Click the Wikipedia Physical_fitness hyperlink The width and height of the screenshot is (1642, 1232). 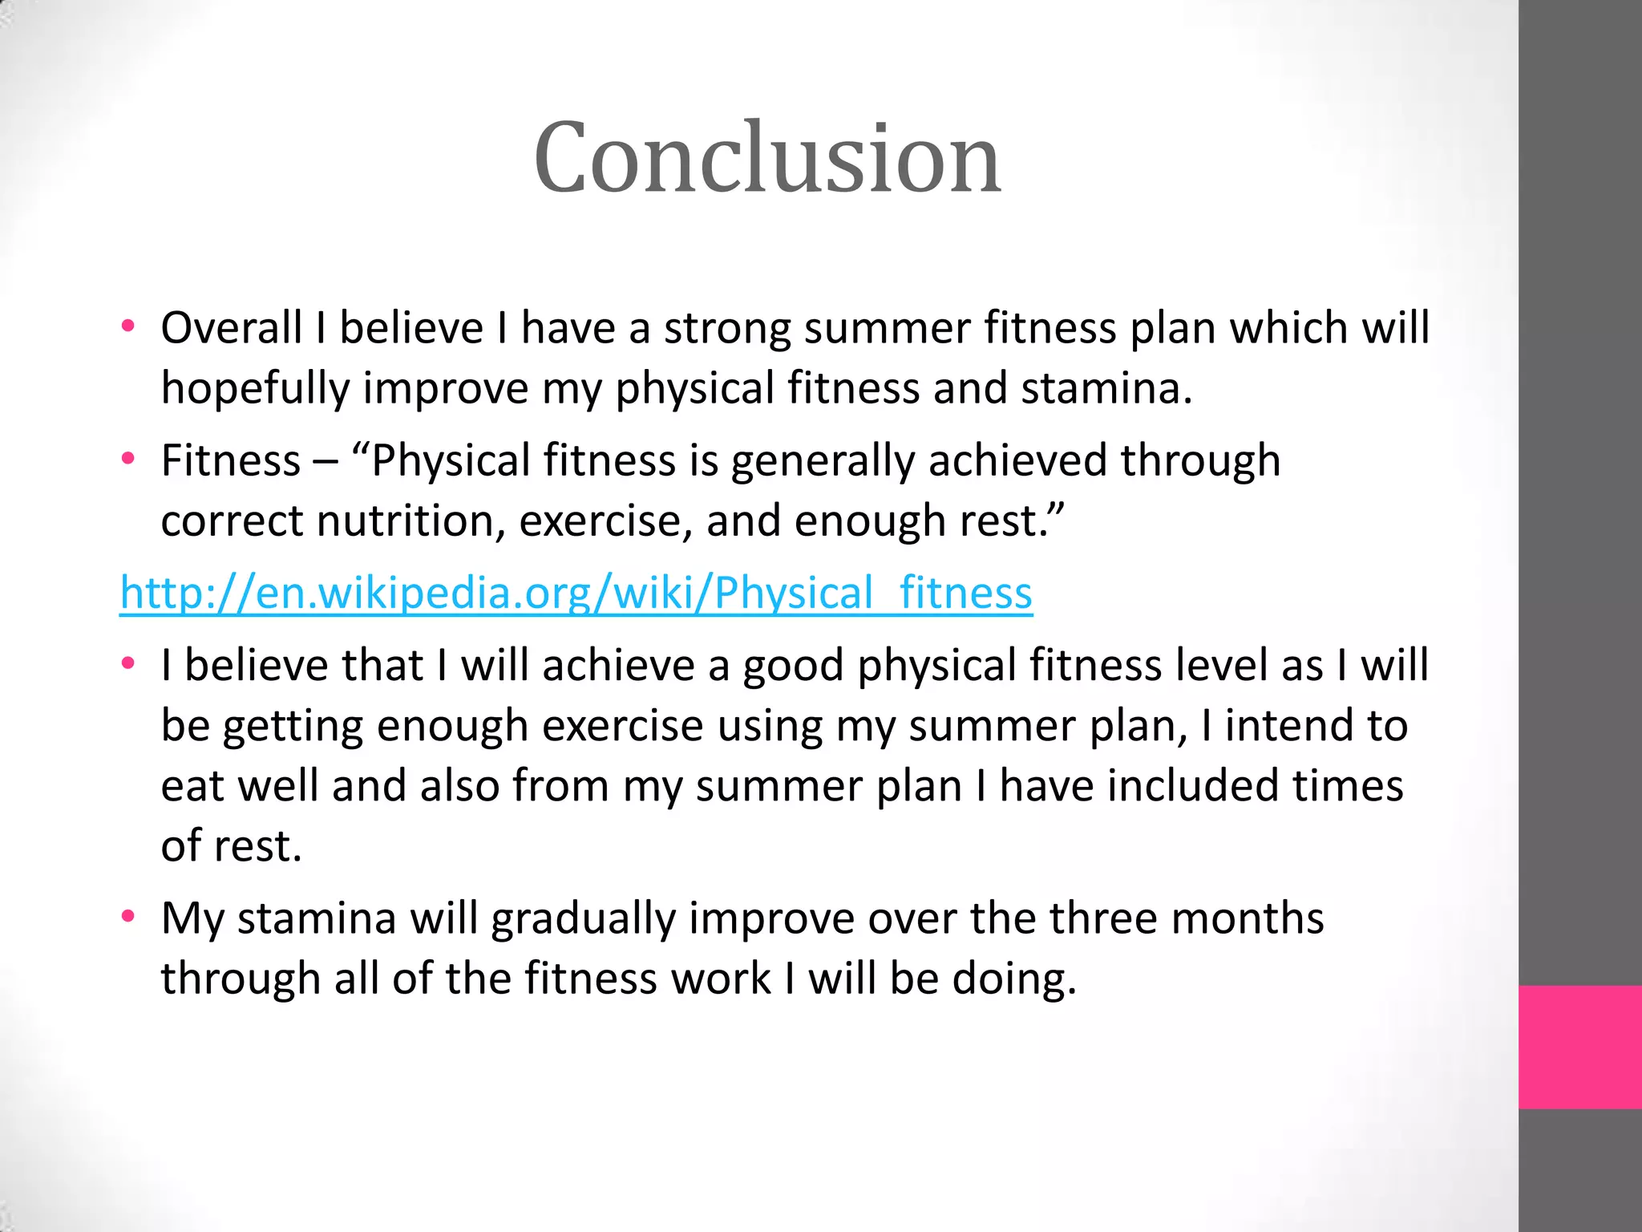[576, 594]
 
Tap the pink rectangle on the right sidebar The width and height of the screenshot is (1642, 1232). [1579, 1047]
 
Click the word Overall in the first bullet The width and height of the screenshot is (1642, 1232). [231, 328]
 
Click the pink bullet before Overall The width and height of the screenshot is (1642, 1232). [127, 326]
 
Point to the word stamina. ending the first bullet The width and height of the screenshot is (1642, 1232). [1106, 388]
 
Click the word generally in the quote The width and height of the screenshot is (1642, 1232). [822, 462]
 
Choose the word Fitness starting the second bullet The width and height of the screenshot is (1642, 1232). [230, 461]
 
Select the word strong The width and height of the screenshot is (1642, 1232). [726, 330]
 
